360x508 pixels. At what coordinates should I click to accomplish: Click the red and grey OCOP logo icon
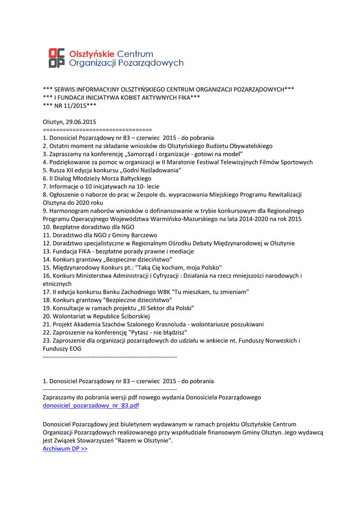coord(57,58)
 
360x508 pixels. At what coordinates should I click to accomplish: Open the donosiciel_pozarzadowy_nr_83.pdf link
coord(91,405)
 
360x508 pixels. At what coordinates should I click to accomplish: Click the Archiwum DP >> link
coord(65,448)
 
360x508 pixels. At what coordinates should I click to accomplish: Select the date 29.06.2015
coord(81,122)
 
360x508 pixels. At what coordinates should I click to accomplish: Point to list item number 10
coord(47,227)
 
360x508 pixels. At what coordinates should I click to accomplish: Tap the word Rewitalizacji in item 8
coord(283,194)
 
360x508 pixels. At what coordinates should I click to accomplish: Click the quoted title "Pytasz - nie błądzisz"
coord(157,332)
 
